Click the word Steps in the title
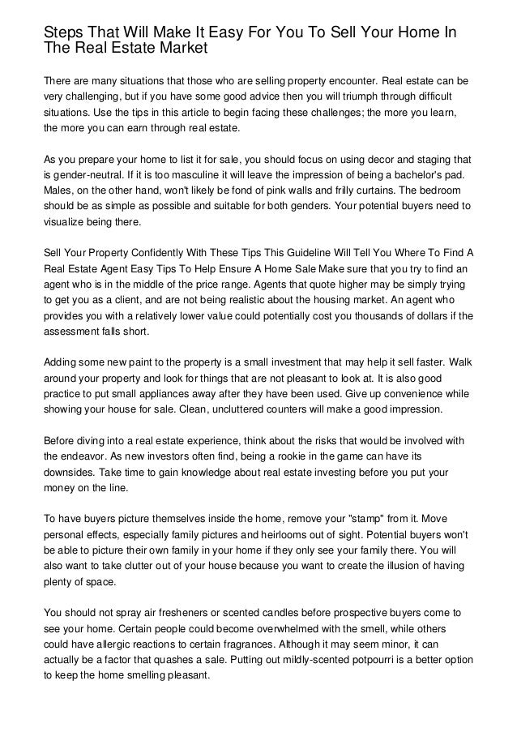point(63,33)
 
